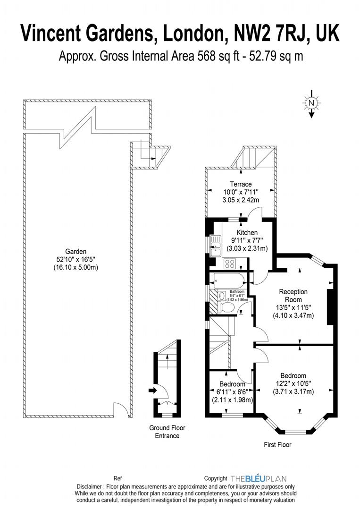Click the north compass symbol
click(x=311, y=103)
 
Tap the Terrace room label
click(x=241, y=184)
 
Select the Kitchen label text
click(x=247, y=232)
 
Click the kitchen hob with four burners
click(x=230, y=263)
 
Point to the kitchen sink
click(x=216, y=245)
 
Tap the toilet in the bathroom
click(x=228, y=308)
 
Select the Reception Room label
click(x=293, y=296)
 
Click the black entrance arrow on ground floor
click(x=152, y=390)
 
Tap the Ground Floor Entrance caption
click(x=167, y=432)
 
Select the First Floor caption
click(x=278, y=444)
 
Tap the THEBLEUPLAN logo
click(x=258, y=478)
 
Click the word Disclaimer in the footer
click(x=90, y=486)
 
